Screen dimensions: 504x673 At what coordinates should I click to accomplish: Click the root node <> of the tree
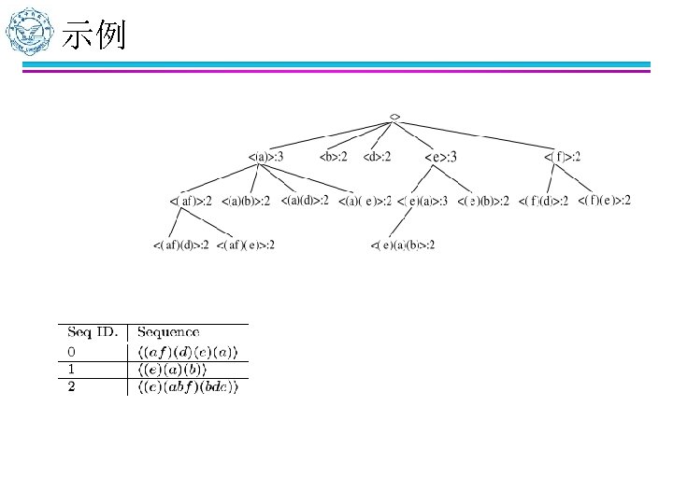395,117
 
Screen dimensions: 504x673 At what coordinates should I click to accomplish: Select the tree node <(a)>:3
265,156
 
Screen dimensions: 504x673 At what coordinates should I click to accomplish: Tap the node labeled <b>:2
333,156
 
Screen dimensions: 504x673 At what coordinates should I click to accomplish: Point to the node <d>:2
377,156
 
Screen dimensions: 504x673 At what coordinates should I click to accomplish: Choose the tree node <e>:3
441,157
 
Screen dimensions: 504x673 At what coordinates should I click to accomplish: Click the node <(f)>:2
563,156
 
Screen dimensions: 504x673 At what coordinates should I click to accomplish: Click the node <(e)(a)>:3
422,201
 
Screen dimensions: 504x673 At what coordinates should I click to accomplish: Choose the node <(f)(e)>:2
604,200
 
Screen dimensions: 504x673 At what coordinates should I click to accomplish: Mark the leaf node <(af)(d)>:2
181,245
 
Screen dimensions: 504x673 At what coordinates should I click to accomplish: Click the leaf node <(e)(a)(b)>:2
403,245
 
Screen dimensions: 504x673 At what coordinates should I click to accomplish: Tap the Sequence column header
168,332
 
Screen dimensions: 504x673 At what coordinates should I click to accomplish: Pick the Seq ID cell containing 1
71,370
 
